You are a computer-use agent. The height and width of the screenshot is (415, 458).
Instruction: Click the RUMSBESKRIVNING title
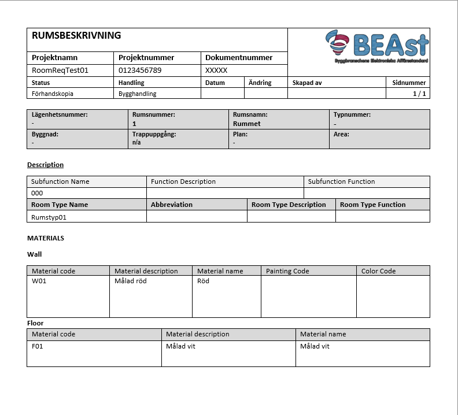click(76, 35)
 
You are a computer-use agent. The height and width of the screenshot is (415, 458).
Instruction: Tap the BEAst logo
click(376, 46)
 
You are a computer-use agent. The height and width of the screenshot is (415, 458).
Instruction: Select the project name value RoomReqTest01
click(60, 71)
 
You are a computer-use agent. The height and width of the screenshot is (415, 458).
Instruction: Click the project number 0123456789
click(140, 71)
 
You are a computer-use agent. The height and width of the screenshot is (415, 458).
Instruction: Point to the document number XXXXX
click(216, 71)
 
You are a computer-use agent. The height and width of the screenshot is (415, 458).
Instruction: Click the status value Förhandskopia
click(53, 94)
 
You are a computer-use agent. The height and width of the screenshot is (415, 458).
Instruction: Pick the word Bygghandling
click(137, 94)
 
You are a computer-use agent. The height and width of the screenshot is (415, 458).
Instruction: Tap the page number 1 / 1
click(419, 94)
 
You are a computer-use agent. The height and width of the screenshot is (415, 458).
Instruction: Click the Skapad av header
click(308, 83)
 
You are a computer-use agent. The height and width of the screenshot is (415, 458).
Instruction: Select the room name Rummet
click(247, 124)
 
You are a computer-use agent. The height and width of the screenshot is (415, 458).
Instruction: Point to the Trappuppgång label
click(154, 134)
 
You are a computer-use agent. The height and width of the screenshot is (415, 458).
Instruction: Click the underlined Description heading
click(45, 165)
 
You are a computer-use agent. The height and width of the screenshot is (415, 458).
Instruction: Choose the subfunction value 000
click(37, 193)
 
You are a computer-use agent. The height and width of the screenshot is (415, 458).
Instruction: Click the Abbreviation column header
click(172, 205)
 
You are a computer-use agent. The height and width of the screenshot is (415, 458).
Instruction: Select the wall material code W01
click(39, 281)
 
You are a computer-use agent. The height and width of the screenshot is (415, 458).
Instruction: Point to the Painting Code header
click(287, 271)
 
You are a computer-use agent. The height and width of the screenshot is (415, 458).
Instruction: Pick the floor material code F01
click(38, 346)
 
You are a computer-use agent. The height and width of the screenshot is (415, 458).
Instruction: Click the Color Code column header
click(378, 271)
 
